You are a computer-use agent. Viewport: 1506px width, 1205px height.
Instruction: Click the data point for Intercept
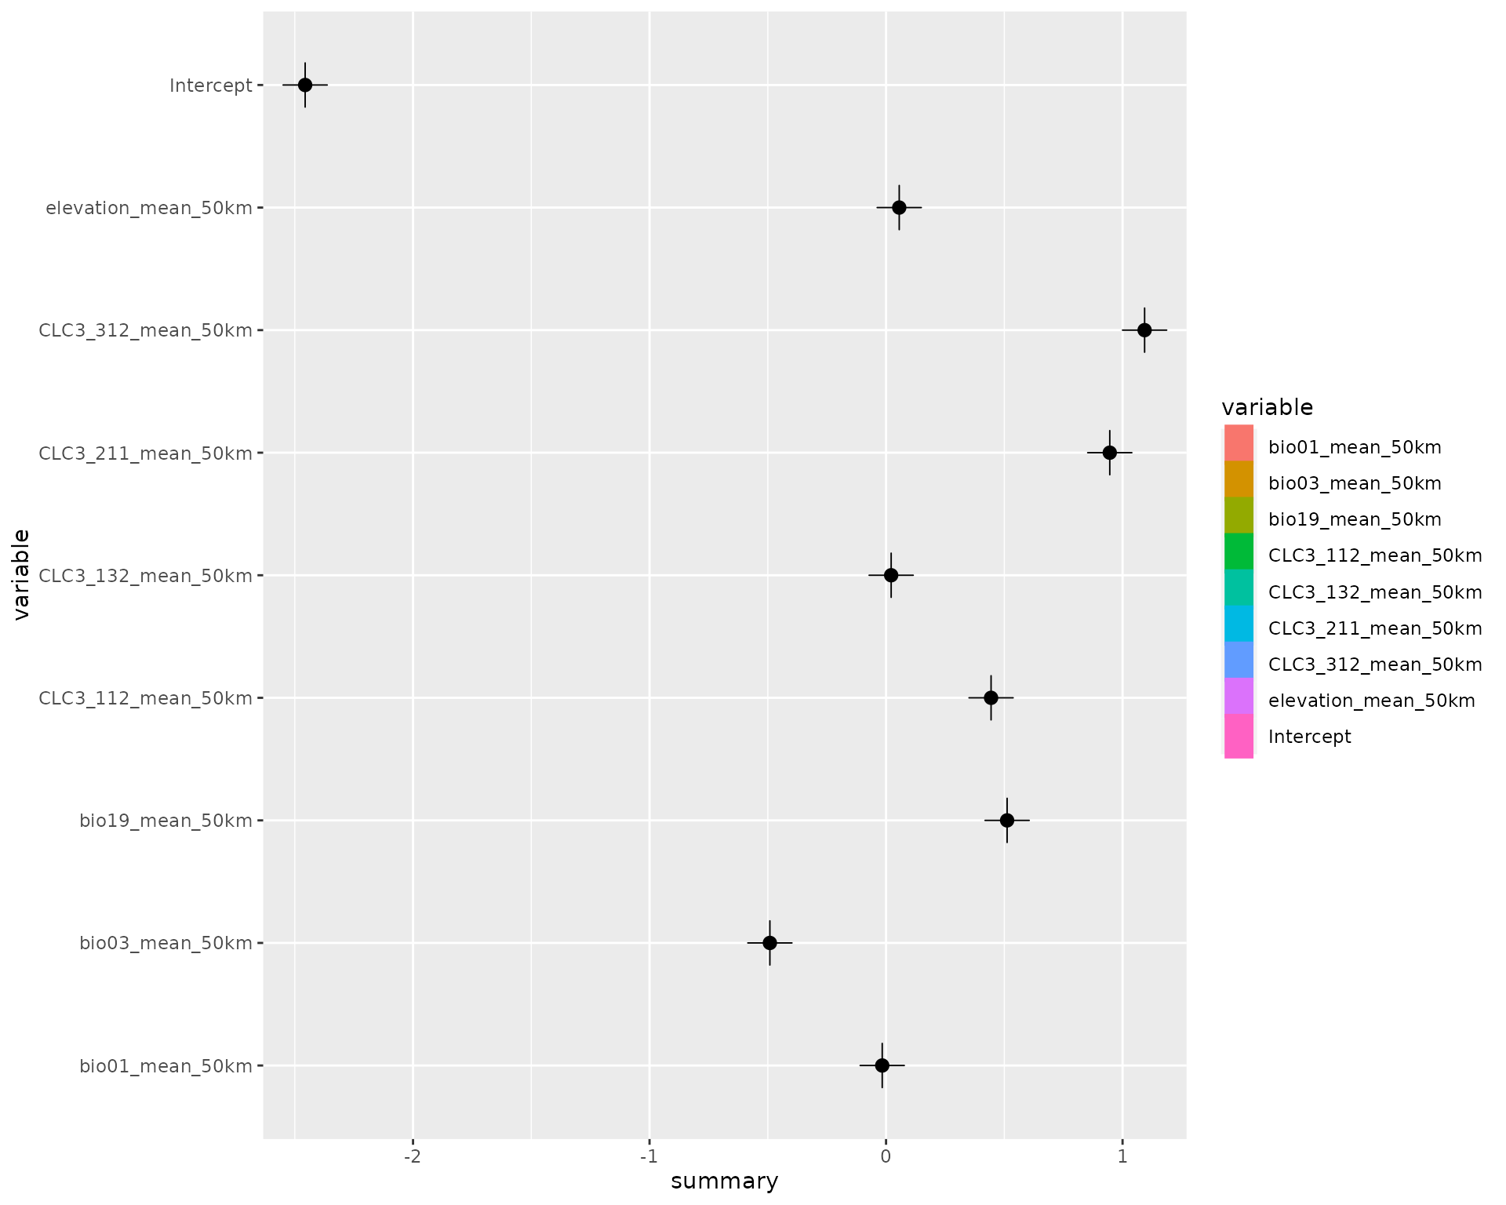point(305,85)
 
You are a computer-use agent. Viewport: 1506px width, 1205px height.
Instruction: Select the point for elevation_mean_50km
point(899,208)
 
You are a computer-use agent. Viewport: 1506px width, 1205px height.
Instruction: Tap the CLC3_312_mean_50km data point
point(1144,330)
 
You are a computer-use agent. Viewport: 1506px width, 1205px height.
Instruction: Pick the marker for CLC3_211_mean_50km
point(1109,453)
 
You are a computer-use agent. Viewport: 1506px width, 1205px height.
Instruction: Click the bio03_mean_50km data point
point(769,943)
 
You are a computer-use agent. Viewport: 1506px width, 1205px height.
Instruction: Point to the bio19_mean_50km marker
point(1007,821)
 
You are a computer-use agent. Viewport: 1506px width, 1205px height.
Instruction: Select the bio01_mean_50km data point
point(882,1065)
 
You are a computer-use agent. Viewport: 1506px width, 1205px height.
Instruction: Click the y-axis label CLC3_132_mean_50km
point(146,576)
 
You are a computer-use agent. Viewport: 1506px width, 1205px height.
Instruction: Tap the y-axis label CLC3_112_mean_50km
point(146,698)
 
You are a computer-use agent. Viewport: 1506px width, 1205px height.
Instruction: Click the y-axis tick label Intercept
point(211,86)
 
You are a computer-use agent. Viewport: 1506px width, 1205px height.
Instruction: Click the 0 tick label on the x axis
point(886,1157)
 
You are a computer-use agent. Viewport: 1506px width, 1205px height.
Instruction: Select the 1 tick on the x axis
point(1122,1157)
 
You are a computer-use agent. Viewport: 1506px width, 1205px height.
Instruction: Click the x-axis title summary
point(724,1181)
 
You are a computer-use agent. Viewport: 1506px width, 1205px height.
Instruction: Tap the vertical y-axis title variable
point(22,575)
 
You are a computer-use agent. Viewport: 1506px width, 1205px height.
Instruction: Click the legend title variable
point(1267,407)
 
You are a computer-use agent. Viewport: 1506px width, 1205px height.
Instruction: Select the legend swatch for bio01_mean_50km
point(1239,443)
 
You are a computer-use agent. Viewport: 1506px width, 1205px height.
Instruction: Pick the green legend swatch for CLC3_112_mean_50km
point(1239,552)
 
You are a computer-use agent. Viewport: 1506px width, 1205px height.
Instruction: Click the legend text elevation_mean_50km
point(1371,701)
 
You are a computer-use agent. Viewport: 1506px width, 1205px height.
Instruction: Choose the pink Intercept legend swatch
point(1239,736)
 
